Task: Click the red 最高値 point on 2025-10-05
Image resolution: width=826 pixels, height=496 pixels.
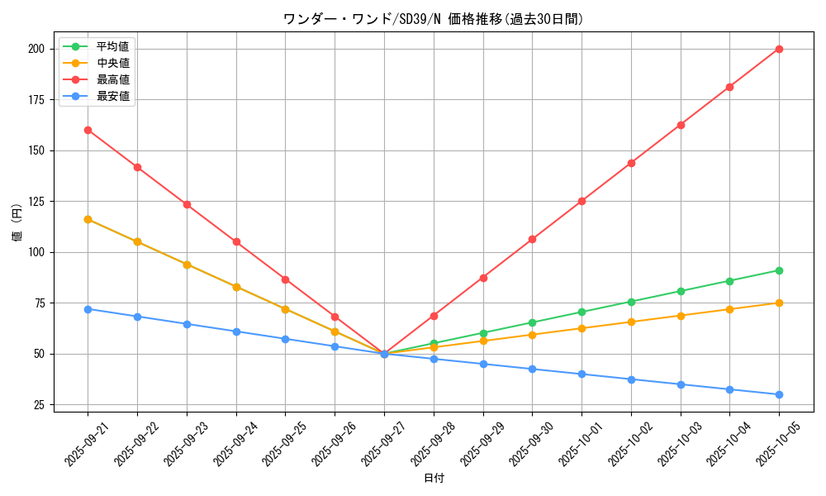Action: (779, 49)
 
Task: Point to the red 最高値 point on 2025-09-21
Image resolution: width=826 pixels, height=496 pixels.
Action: (88, 130)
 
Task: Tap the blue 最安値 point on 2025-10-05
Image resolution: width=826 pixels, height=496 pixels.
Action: (779, 394)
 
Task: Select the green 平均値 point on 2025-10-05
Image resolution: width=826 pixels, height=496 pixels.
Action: (779, 270)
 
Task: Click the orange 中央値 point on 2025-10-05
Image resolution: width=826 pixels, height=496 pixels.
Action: (779, 303)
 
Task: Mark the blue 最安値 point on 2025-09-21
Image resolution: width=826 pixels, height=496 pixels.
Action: (88, 308)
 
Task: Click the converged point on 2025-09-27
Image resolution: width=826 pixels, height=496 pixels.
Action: (384, 354)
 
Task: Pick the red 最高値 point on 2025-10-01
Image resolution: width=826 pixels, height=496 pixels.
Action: (582, 201)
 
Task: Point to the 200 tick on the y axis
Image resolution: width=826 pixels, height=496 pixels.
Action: (36, 49)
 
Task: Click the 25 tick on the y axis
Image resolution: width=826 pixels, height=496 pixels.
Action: (38, 404)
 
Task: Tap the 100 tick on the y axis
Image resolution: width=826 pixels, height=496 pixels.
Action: (36, 252)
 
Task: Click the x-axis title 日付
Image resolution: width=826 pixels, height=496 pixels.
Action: (434, 479)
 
